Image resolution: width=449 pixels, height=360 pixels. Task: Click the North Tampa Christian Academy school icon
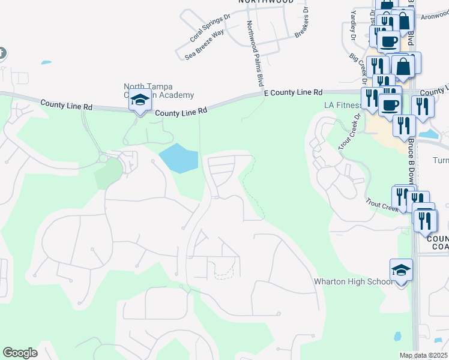point(139,100)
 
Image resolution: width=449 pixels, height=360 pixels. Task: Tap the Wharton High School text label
point(354,281)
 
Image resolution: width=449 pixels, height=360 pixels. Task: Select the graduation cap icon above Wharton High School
point(401,270)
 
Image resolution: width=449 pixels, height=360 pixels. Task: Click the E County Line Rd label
point(293,92)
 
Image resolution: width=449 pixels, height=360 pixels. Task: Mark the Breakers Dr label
point(301,23)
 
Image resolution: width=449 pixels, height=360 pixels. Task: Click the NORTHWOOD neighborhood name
point(266,2)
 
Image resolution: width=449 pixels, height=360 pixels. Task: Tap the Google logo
point(20,353)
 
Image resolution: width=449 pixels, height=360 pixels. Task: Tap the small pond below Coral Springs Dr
point(46,62)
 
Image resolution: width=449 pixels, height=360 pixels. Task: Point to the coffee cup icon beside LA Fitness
point(390,104)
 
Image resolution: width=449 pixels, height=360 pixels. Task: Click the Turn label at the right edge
point(441,161)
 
